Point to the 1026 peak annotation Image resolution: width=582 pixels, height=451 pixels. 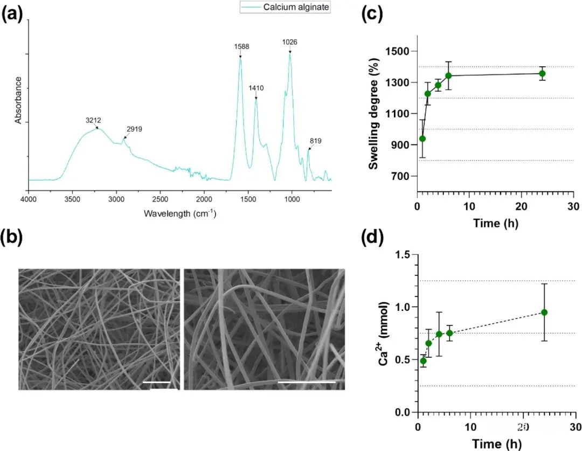(290, 42)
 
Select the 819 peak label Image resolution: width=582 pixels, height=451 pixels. (315, 141)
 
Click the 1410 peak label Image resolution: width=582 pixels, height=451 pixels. (256, 87)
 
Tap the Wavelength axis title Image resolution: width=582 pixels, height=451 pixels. (180, 213)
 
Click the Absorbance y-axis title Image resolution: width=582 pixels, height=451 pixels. (18, 100)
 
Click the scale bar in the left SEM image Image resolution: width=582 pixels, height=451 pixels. (157, 383)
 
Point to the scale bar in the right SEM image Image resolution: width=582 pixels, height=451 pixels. (307, 383)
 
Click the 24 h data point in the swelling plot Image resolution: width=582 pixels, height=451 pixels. (542, 73)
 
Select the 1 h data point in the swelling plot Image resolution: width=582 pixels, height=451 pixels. (422, 138)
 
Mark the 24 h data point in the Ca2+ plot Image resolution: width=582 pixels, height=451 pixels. (544, 313)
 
